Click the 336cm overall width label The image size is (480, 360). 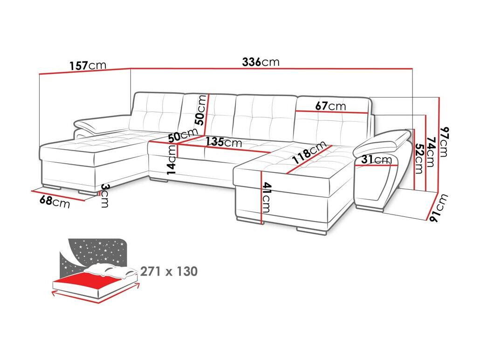pos(261,62)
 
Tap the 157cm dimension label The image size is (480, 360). pos(88,66)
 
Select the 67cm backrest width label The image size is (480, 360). pos(330,106)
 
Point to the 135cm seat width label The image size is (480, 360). pos(224,142)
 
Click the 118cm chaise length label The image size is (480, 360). pos(309,152)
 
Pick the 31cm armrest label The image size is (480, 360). pos(376,159)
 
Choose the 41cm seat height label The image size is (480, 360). pos(266,198)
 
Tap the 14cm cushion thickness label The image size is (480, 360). pos(172,159)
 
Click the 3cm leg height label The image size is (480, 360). pos(105,196)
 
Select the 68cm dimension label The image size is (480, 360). pos(55,202)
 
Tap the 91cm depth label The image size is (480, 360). pos(439,208)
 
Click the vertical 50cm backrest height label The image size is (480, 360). pos(201,110)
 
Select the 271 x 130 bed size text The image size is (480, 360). pos(169,271)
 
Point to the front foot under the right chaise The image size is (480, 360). pos(312,231)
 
